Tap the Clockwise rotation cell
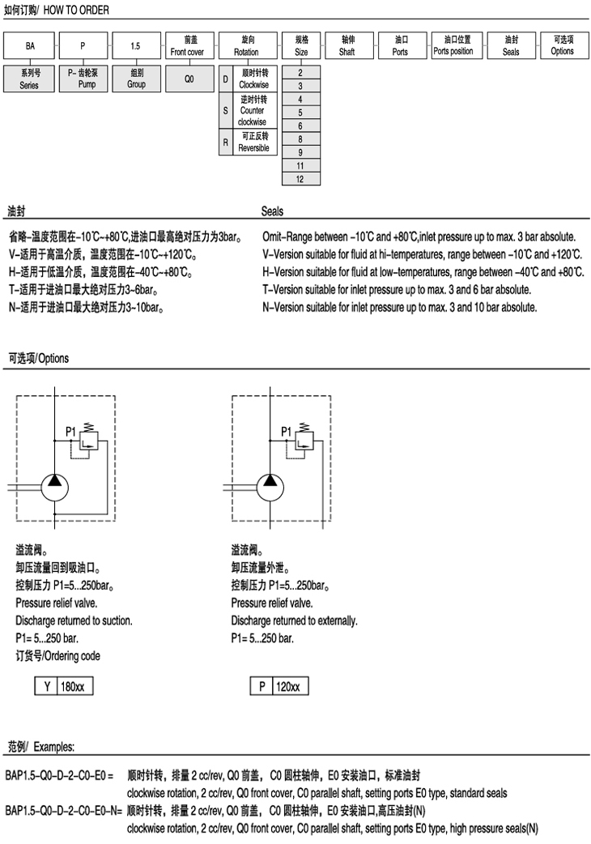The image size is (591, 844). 254,79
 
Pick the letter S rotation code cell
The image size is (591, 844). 225,110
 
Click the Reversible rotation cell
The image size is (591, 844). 254,143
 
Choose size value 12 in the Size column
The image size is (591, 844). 300,178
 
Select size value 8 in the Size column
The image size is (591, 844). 300,139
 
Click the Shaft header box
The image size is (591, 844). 347,46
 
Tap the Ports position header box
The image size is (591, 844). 453,46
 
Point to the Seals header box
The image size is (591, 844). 511,46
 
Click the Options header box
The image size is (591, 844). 563,46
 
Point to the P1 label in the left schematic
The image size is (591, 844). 70,432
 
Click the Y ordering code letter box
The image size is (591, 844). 47,686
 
